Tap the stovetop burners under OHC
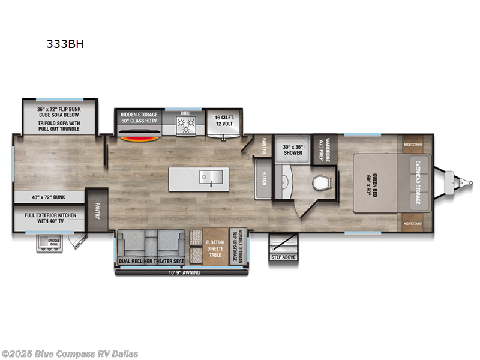[185, 125]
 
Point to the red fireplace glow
[140, 138]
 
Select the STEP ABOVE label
[283, 257]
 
